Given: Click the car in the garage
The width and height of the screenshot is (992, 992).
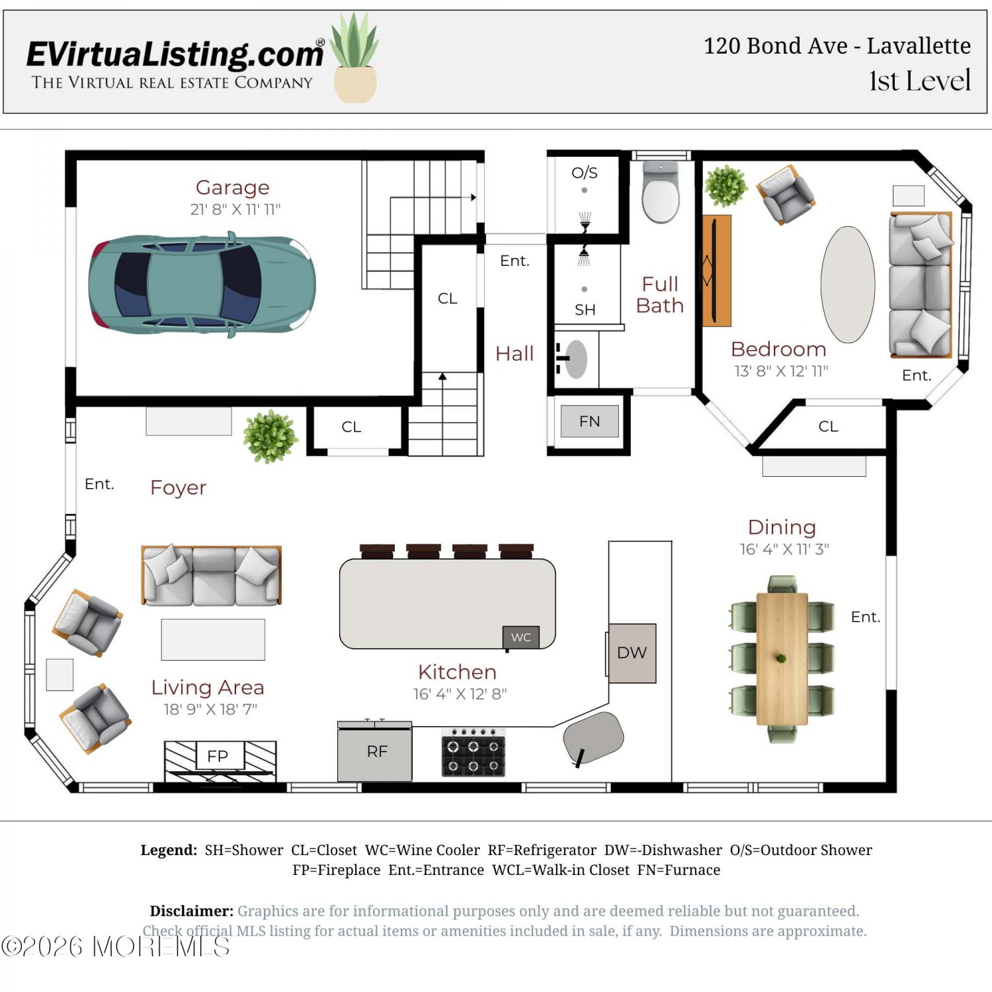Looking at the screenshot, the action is coord(202,284).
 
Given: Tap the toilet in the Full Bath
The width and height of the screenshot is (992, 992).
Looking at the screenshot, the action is coord(661,192).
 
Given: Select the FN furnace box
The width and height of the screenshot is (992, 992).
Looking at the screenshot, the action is coord(590,421).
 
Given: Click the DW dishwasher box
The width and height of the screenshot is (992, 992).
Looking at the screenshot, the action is coord(632,653).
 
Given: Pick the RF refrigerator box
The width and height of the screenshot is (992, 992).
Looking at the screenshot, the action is coord(375,751).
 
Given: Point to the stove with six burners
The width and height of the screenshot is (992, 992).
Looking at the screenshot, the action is coord(474,753).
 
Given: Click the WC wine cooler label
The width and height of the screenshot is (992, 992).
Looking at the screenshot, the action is coord(521,637).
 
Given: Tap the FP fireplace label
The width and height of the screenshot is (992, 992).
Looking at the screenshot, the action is coord(218,756).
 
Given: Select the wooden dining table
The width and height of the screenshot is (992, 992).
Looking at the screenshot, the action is coord(782,659).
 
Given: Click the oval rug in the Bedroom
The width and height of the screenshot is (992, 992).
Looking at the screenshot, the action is coord(848,285).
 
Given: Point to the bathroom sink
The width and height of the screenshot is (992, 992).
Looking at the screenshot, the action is coord(575,359).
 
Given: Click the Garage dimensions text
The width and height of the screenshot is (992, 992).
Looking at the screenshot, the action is coord(235,210).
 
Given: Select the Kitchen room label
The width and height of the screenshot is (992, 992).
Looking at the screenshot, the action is coord(457,672).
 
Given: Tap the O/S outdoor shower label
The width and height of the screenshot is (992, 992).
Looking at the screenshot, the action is coord(585,173).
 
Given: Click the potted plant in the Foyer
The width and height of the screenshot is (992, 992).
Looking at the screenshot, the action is coord(270,436).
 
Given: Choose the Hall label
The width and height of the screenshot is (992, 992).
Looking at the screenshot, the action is coord(515,354).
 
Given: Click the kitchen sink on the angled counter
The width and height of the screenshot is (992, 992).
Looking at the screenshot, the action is coord(593,737).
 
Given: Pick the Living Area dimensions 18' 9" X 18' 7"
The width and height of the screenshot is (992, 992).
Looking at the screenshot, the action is coord(210,710).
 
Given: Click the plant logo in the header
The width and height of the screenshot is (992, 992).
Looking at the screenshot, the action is coord(355,58).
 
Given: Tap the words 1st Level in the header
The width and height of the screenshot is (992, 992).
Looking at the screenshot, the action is coord(920,81).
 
